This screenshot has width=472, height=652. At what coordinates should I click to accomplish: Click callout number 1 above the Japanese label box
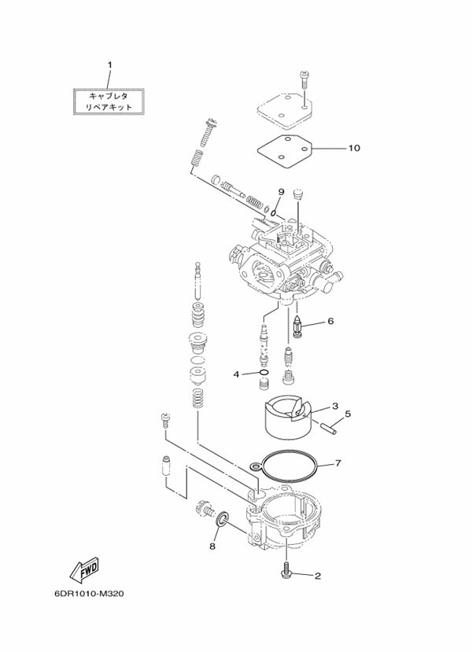(110, 65)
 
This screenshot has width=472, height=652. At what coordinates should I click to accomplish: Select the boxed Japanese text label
(109, 101)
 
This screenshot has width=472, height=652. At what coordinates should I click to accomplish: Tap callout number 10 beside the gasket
(354, 148)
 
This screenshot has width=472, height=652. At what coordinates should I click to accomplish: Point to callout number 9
(281, 192)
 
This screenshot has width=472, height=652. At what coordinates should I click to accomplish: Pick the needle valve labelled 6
(298, 327)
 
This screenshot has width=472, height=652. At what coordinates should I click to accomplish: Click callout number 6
(330, 321)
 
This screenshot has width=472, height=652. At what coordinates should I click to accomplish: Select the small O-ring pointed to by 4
(264, 373)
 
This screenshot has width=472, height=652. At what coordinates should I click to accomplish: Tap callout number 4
(236, 374)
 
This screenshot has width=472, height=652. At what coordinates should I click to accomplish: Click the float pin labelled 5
(329, 429)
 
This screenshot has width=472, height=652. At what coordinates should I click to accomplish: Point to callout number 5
(348, 414)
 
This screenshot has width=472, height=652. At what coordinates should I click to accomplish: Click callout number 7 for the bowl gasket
(337, 462)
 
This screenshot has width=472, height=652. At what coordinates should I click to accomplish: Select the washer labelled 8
(223, 519)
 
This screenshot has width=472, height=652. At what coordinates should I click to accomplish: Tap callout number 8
(212, 547)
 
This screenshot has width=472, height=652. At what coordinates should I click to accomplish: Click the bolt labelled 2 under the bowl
(287, 570)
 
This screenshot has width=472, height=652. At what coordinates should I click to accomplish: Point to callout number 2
(318, 576)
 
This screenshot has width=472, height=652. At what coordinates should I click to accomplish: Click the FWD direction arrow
(84, 569)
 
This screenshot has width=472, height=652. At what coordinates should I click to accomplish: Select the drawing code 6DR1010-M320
(89, 594)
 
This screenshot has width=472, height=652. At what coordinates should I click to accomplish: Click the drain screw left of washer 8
(205, 507)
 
